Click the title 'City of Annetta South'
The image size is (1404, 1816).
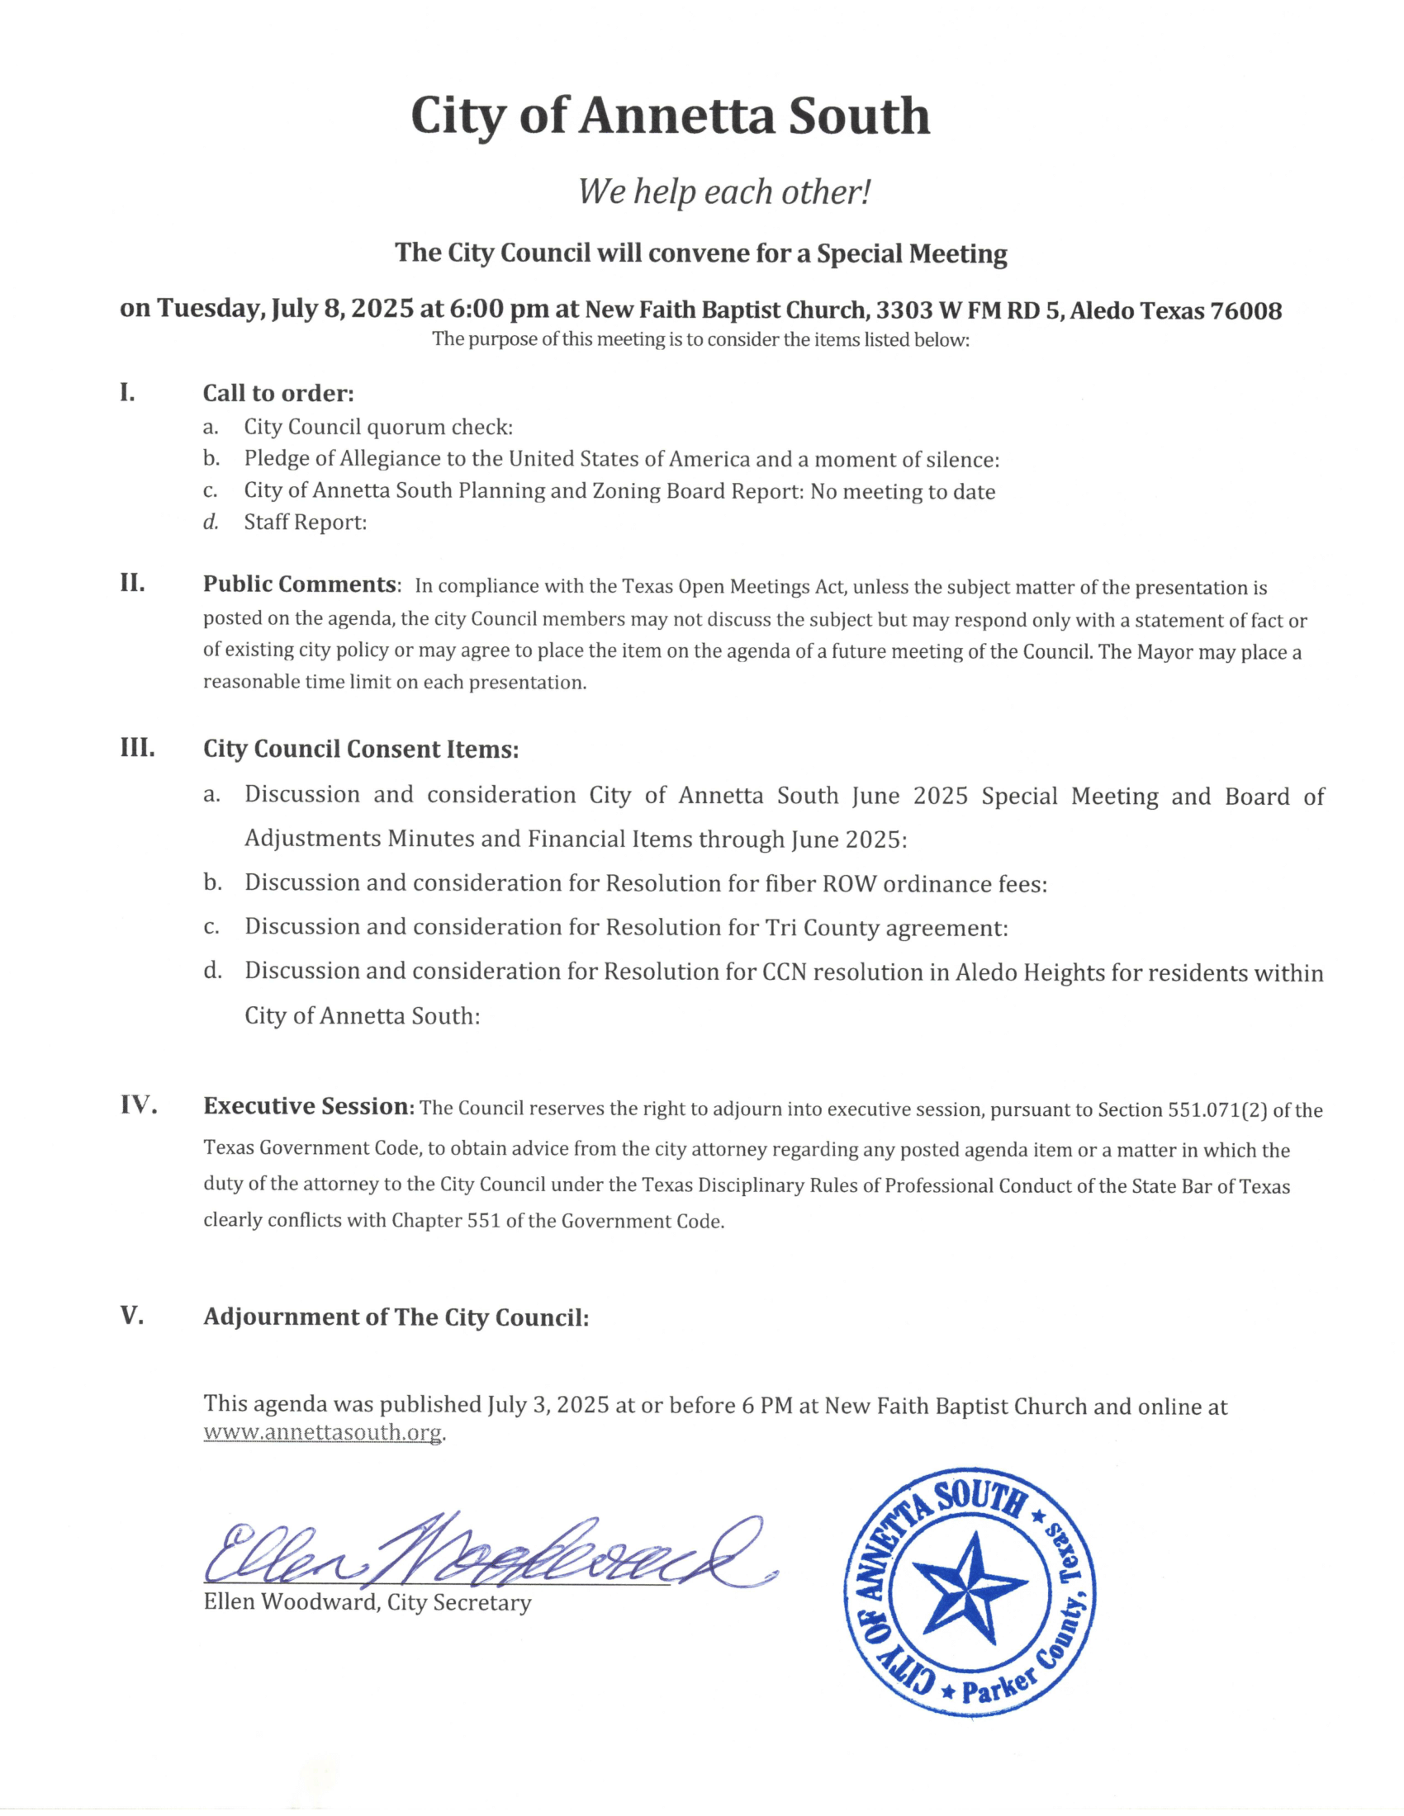tap(670, 116)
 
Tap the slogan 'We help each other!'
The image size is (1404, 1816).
tap(723, 192)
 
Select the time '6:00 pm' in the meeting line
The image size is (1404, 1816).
tap(499, 310)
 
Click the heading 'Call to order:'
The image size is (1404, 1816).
tap(278, 393)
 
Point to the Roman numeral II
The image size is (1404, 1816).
tap(132, 583)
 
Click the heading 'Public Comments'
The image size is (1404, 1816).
tap(300, 584)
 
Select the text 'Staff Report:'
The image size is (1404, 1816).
tap(306, 523)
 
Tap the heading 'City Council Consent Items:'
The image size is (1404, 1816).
tap(361, 750)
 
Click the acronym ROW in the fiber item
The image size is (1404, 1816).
tap(848, 883)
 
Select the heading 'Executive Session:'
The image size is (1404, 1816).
tap(309, 1107)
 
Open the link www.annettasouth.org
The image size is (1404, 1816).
tap(324, 1433)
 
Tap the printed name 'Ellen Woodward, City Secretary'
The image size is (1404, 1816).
tap(367, 1602)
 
